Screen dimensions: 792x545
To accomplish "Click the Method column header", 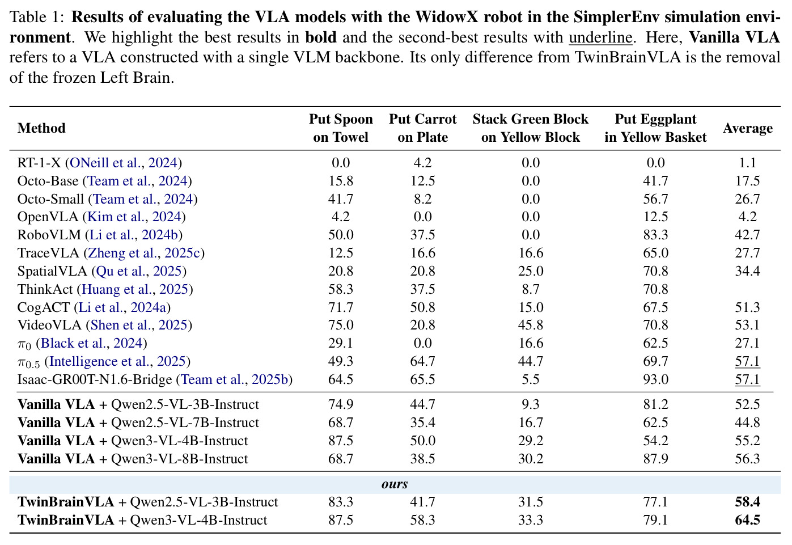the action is tap(41, 128).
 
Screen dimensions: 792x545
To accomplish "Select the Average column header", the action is tap(747, 128).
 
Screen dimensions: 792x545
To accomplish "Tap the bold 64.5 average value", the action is tap(747, 520).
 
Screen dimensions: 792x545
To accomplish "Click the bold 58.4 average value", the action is tap(747, 502).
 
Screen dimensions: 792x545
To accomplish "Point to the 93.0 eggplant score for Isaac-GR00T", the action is tap(655, 379).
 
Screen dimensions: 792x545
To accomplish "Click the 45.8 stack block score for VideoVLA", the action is tap(530, 325).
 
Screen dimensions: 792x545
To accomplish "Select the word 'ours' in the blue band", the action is tap(395, 484).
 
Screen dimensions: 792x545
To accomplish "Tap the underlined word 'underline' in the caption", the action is tap(600, 37).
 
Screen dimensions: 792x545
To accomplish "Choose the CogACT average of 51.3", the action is tap(747, 307).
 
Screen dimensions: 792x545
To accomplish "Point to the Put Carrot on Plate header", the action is tap(422, 128).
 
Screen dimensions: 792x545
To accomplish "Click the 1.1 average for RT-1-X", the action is tap(747, 163).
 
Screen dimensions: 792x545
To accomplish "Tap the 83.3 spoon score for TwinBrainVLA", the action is tap(341, 502).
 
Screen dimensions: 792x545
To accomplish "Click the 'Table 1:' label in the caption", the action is tap(37, 17).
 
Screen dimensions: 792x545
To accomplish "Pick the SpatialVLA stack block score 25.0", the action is tap(530, 271).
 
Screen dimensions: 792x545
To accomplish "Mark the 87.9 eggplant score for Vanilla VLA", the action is tap(655, 459).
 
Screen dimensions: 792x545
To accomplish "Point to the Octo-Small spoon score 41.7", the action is tap(341, 198).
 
